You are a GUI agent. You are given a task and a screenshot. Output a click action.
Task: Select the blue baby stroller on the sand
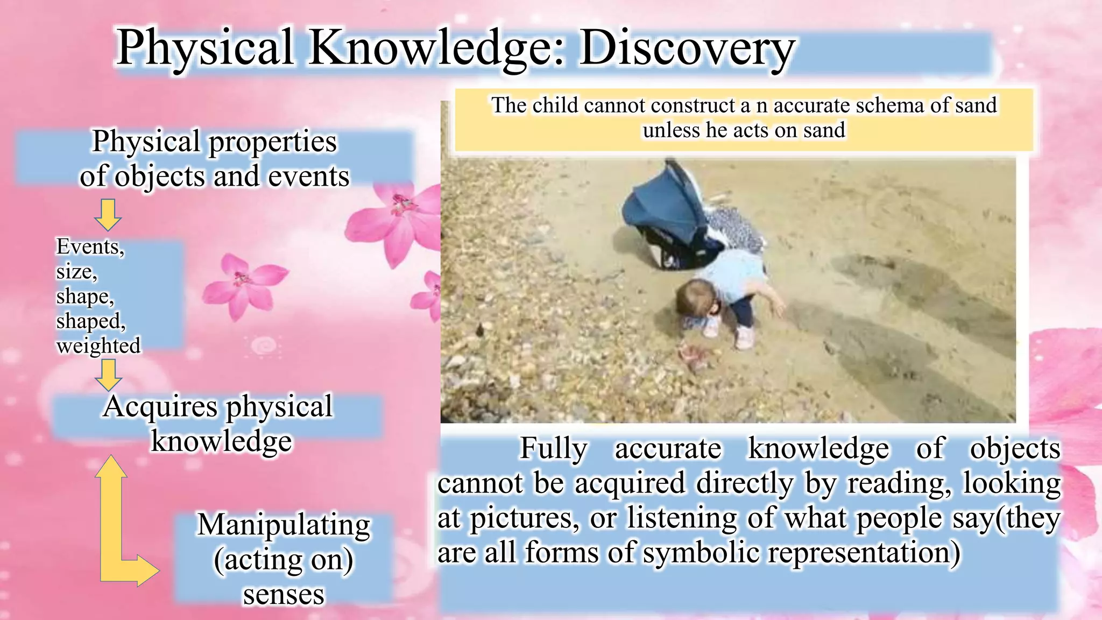(x=673, y=215)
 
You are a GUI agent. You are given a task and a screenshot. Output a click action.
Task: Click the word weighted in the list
(x=98, y=346)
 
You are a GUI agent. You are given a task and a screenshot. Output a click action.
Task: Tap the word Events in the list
(x=89, y=246)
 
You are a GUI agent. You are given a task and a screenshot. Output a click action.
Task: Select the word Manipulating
(x=284, y=525)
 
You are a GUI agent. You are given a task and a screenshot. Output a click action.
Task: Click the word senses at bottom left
(x=284, y=594)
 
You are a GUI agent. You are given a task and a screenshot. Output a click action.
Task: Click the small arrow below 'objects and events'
(x=108, y=214)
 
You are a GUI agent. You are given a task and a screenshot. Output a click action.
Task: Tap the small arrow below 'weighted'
(x=108, y=374)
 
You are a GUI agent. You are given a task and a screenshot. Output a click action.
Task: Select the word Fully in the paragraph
(x=553, y=449)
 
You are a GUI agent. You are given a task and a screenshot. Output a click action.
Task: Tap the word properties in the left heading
(x=272, y=142)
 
